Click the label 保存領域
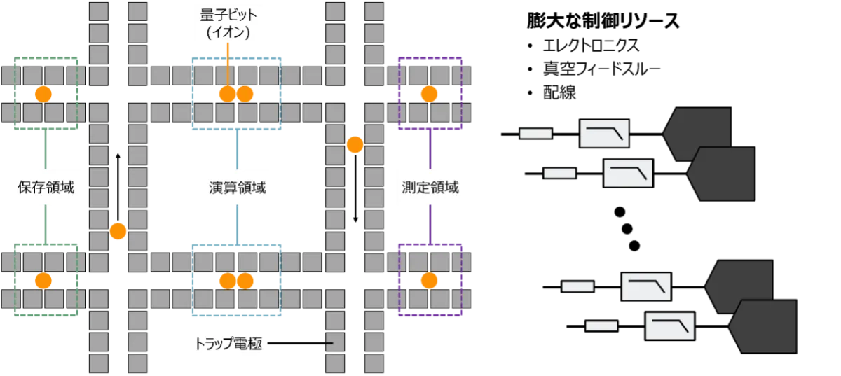coord(46,187)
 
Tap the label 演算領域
coord(238,187)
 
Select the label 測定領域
coord(430,187)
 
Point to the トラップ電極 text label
coord(228,343)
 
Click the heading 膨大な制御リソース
coord(603,20)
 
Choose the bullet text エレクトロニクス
coord(592,46)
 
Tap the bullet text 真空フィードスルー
coord(602,69)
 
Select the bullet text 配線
coord(559,92)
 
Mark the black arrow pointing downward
coord(355,189)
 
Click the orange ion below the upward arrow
coord(118,231)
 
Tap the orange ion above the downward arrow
coord(355,144)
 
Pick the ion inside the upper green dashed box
coord(43,94)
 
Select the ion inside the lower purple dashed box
coord(429,280)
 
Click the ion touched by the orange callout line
coord(228,94)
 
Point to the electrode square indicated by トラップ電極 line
coord(335,342)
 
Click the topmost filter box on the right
coord(604,134)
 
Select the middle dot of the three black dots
coord(627,229)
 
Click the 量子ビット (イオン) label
coord(228,24)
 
